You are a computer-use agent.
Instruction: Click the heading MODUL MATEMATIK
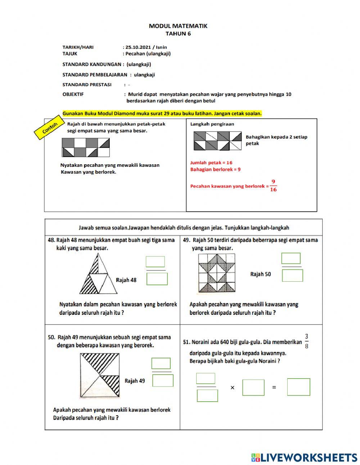pyautogui.click(x=178, y=26)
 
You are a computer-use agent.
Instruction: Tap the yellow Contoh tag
pyautogui.click(x=50, y=128)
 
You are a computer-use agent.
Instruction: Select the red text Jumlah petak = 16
pyautogui.click(x=211, y=163)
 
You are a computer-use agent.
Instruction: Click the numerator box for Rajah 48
pyautogui.click(x=155, y=262)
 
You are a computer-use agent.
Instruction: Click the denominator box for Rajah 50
pyautogui.click(x=292, y=276)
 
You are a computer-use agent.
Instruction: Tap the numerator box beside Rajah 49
pyautogui.click(x=161, y=363)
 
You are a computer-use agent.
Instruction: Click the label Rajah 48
pyautogui.click(x=126, y=280)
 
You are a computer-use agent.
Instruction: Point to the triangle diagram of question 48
pyautogui.click(x=98, y=274)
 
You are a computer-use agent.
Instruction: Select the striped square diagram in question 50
pyautogui.click(x=100, y=376)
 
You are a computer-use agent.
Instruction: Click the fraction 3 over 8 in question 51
pyautogui.click(x=306, y=341)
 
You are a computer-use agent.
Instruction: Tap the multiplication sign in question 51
pyautogui.click(x=232, y=388)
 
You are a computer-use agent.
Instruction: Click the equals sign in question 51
pyautogui.click(x=274, y=388)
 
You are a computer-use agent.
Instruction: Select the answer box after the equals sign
pyautogui.click(x=298, y=387)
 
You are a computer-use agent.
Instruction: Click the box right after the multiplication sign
pyautogui.click(x=253, y=388)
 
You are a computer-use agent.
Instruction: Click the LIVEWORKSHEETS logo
pyautogui.click(x=304, y=457)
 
